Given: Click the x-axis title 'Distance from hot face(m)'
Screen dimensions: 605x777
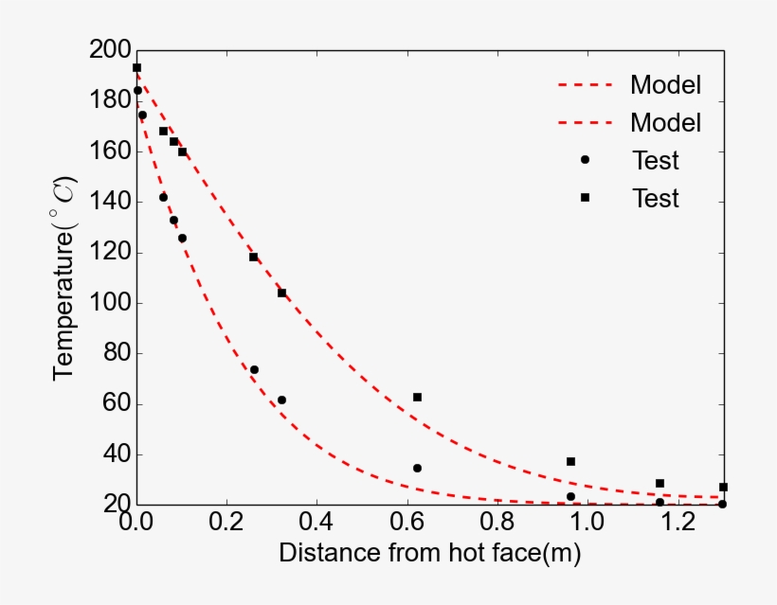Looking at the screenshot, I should (429, 554).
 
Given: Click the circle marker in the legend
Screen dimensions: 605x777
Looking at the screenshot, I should (585, 160).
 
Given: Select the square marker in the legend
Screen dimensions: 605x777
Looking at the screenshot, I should (585, 198).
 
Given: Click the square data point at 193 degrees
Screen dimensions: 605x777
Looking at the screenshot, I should (136, 68).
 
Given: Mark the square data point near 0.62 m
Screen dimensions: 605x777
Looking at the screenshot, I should (417, 397).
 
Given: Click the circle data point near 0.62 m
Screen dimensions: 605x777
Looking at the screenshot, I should (417, 468).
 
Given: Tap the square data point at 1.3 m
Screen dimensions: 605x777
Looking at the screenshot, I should (723, 487).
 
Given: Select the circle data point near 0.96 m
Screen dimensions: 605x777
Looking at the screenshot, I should (570, 496).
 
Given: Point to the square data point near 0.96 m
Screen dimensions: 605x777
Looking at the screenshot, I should (570, 461).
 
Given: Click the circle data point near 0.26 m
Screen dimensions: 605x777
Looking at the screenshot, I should (254, 369).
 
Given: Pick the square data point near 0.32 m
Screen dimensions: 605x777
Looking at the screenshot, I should (281, 293).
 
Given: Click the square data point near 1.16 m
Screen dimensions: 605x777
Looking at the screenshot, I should (660, 483).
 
